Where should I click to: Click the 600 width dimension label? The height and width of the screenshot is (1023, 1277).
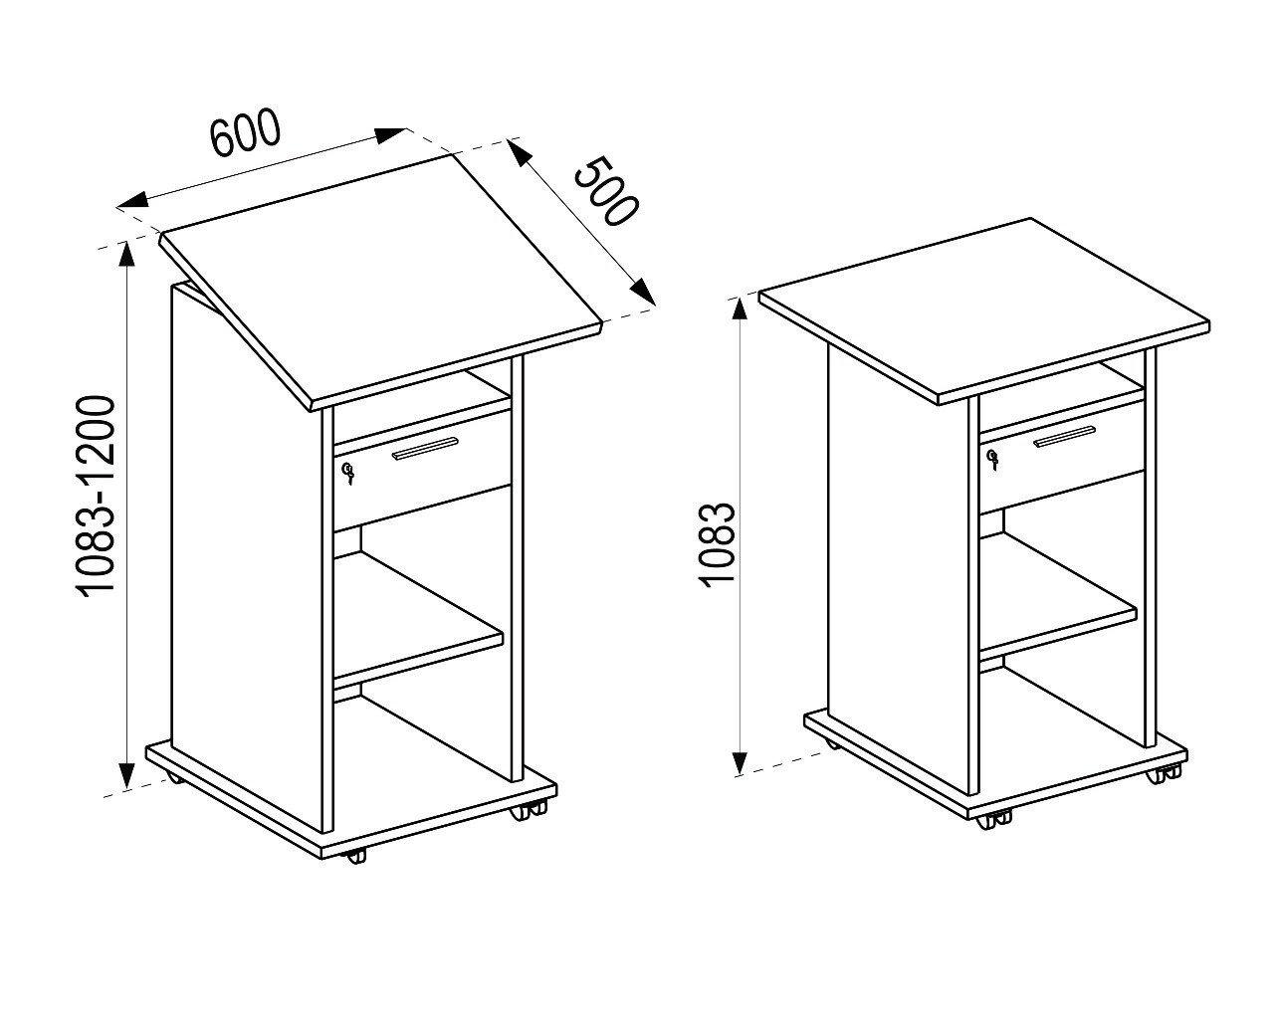point(246,135)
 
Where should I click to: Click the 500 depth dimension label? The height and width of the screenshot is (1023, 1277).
point(603,191)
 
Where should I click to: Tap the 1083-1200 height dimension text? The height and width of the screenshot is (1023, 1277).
point(98,497)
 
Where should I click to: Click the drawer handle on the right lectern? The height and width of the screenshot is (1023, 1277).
point(1064,436)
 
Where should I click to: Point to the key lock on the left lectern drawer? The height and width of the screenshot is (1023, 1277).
point(347,473)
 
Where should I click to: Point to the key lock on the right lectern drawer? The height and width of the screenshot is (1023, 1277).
point(991,458)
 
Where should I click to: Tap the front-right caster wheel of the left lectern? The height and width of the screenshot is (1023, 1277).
point(522,811)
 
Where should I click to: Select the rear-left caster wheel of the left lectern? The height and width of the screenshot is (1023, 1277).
point(173,779)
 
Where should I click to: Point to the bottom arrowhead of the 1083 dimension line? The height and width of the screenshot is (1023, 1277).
point(740,762)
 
